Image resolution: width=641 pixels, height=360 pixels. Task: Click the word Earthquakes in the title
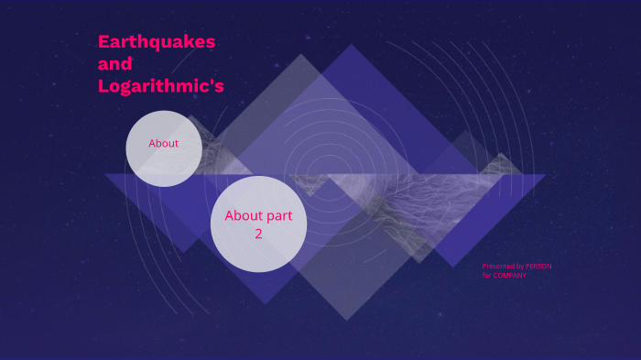click(157, 42)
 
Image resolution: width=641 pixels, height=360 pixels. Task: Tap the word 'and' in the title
click(115, 64)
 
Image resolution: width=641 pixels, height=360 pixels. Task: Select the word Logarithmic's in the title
click(161, 86)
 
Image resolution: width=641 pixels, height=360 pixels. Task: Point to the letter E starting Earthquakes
click(104, 42)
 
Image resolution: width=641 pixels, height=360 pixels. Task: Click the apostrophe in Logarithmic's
click(210, 82)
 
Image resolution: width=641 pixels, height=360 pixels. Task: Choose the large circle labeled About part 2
click(258, 224)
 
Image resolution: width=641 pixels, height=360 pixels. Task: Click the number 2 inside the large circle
click(258, 234)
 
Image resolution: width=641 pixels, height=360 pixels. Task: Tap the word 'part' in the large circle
click(279, 216)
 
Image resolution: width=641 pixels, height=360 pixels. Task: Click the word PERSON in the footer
click(538, 267)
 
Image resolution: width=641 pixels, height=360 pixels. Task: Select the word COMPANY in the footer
click(509, 276)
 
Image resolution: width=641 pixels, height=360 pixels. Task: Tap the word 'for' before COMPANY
click(487, 276)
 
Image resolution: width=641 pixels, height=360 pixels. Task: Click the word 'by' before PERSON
click(520, 267)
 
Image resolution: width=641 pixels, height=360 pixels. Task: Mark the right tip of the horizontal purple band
click(546, 175)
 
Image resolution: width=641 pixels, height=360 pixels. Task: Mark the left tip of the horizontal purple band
click(104, 175)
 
